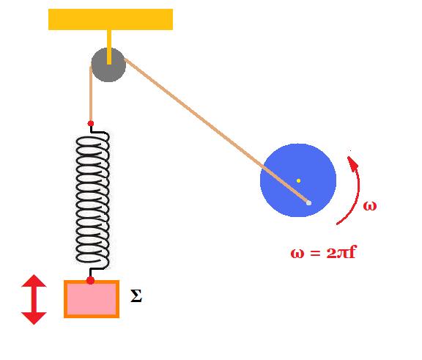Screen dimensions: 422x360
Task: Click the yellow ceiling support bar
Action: [x=111, y=19]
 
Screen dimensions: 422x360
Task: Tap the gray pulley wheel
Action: [x=108, y=65]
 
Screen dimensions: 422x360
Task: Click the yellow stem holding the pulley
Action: [x=109, y=47]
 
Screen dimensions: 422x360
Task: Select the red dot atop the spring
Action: [x=91, y=124]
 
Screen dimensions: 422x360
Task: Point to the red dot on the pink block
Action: [x=90, y=280]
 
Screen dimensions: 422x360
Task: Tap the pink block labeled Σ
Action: [x=92, y=299]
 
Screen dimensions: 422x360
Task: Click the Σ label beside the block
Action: [x=136, y=296]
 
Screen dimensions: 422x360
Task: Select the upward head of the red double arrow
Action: [x=34, y=281]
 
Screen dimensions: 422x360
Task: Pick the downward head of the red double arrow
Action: [x=34, y=318]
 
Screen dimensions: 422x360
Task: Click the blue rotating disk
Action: [x=298, y=180]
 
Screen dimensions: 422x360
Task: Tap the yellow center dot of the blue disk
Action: [x=298, y=180]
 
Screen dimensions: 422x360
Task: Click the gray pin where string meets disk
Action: [x=308, y=203]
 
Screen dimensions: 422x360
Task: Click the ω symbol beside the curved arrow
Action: [x=370, y=206]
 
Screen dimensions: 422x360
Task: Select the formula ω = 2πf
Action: [x=323, y=253]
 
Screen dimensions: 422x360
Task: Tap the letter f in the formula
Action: [x=352, y=252]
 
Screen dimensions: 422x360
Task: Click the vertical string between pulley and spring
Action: [x=91, y=94]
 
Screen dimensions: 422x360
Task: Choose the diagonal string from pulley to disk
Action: [x=217, y=131]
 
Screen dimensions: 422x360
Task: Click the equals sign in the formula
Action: [x=315, y=254]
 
